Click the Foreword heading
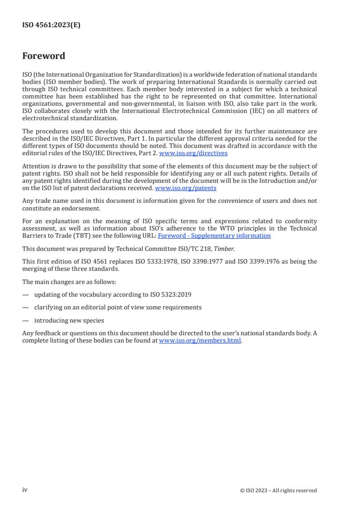click(x=44, y=56)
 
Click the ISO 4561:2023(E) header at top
click(x=51, y=25)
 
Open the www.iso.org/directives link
click(x=193, y=153)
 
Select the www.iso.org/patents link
click(x=185, y=188)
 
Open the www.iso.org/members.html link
click(x=200, y=341)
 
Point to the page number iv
click(x=25, y=490)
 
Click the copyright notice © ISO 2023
click(x=278, y=490)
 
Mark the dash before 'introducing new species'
click(x=25, y=320)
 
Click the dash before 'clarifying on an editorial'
click(x=25, y=308)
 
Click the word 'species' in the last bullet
click(x=94, y=320)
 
